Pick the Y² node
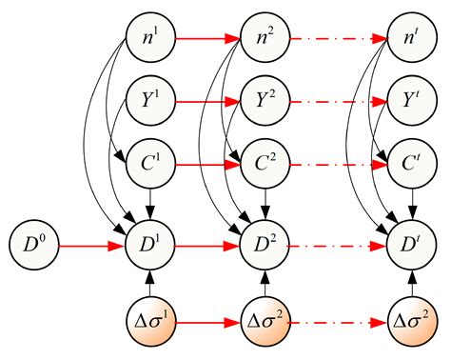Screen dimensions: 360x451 [x=265, y=98]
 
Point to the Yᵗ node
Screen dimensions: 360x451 [x=412, y=98]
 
